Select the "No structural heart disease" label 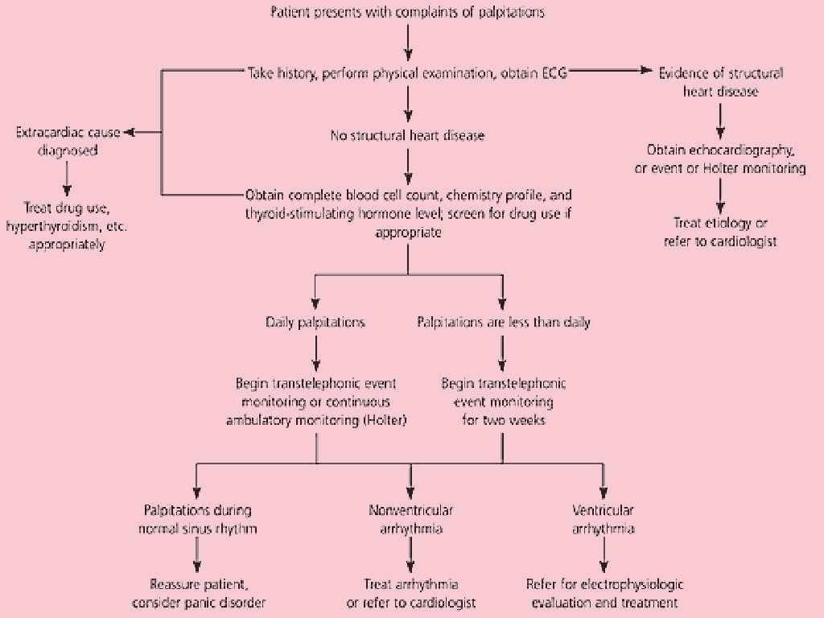[x=409, y=135]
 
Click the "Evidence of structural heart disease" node [x=721, y=81]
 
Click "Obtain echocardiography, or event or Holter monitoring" [x=721, y=159]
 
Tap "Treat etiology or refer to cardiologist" [x=721, y=232]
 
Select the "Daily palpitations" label [x=315, y=322]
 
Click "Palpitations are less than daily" [x=504, y=322]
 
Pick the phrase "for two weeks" [x=504, y=420]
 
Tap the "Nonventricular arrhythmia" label [x=411, y=519]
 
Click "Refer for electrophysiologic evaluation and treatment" [x=604, y=593]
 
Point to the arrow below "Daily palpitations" [x=315, y=351]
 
